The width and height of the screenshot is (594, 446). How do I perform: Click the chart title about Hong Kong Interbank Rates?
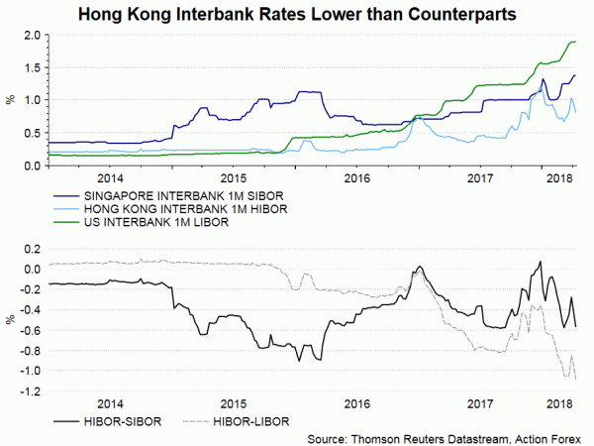[297, 14]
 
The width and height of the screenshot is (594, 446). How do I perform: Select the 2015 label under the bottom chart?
[233, 404]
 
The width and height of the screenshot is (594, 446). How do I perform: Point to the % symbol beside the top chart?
[10, 100]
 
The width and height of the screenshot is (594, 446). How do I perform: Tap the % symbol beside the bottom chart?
[10, 319]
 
